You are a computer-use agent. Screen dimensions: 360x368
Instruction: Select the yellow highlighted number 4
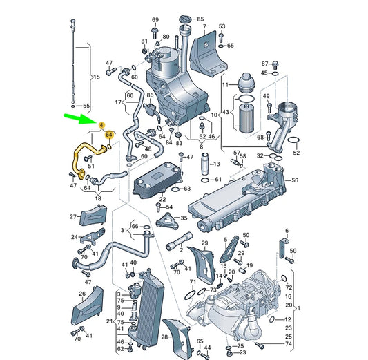pos(101,126)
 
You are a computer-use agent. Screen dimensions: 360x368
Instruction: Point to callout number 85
pos(200,19)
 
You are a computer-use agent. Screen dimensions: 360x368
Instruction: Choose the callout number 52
pos(297,152)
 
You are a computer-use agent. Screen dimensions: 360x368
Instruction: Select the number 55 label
pos(86,106)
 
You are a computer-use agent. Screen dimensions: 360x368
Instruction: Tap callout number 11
pos(225,84)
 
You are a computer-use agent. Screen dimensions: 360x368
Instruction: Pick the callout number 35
pos(183,218)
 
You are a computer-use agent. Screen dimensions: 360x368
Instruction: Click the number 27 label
pos(72,217)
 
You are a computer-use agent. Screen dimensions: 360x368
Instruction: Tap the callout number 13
pos(217,164)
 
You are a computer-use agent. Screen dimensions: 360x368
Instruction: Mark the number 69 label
pos(155,19)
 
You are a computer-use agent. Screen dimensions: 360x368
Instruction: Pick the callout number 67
pos(264,63)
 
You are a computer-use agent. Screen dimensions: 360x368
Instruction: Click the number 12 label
pos(287,319)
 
